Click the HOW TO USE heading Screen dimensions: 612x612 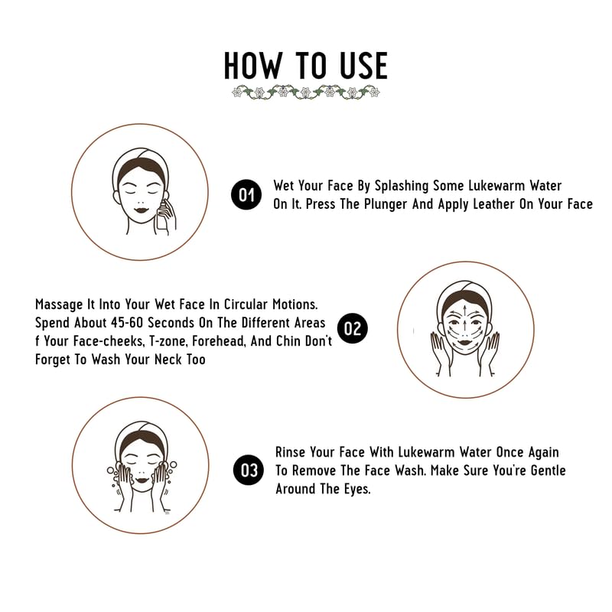[x=305, y=66]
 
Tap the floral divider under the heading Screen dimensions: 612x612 [x=305, y=93]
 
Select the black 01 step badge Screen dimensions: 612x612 [x=246, y=196]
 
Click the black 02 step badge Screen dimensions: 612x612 [x=353, y=329]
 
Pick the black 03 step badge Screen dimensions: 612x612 [x=249, y=470]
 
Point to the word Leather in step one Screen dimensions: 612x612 [x=503, y=204]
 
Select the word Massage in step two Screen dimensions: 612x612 [x=61, y=304]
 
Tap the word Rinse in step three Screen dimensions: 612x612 [x=292, y=453]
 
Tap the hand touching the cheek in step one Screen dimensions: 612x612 [x=165, y=216]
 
